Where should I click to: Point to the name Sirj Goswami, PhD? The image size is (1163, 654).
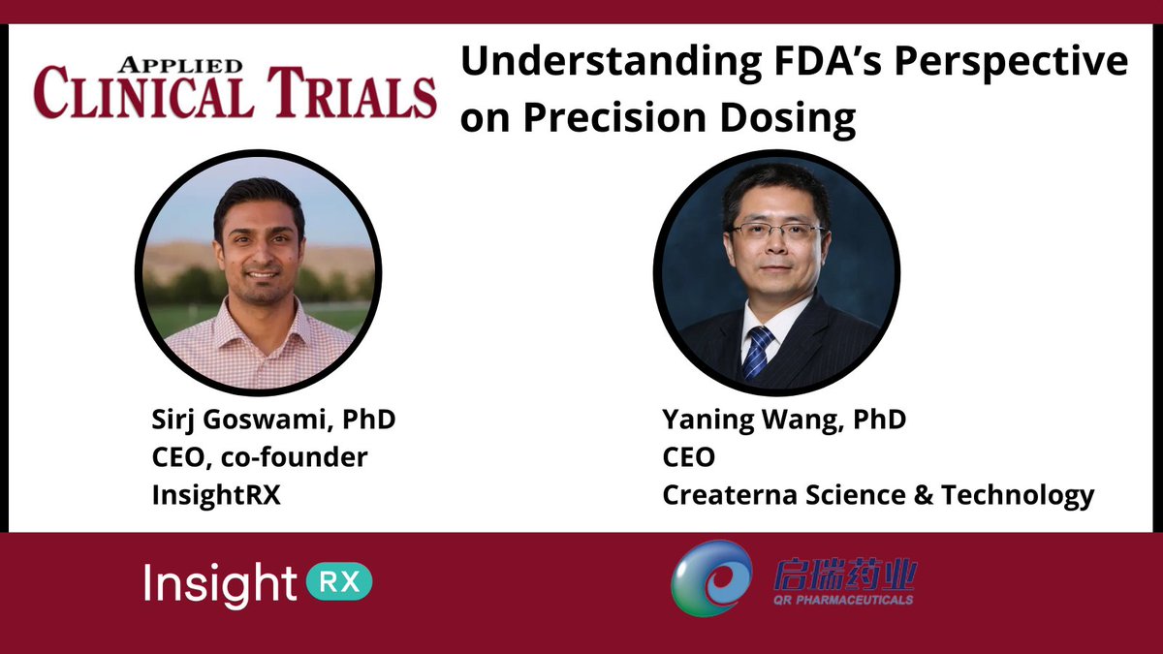coord(274,421)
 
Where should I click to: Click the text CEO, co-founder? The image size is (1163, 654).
coord(260,457)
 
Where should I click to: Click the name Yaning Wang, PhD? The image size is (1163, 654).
coord(784,421)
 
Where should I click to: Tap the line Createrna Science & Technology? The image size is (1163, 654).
coord(878,494)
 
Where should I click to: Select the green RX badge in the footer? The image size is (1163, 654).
coord(339,582)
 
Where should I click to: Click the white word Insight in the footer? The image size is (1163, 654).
coord(220,584)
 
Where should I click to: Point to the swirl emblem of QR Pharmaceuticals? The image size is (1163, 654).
coord(711,578)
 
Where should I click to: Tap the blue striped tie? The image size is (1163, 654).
coord(758,350)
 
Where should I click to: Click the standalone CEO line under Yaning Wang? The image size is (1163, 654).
coord(689,457)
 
